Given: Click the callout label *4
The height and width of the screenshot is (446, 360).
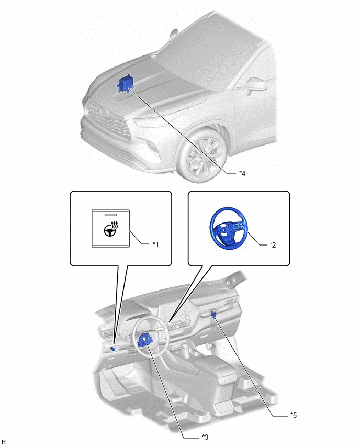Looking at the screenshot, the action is point(242,173).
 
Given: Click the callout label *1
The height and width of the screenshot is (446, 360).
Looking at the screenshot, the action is point(155,244).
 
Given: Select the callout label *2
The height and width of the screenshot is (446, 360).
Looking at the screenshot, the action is point(273,245).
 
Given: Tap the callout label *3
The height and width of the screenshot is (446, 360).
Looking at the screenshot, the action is point(205,437).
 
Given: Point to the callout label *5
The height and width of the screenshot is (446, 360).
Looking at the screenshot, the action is point(294,415).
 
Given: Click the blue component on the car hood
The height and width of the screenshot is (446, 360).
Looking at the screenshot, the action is point(125,84).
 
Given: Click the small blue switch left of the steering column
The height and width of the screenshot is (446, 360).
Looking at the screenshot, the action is point(113,349).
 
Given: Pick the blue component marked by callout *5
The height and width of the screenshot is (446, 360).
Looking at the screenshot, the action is point(214,314).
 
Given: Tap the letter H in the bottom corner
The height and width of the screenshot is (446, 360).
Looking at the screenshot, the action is point(4,442).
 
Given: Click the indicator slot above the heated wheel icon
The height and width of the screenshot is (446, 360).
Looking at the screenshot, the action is point(110,215).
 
